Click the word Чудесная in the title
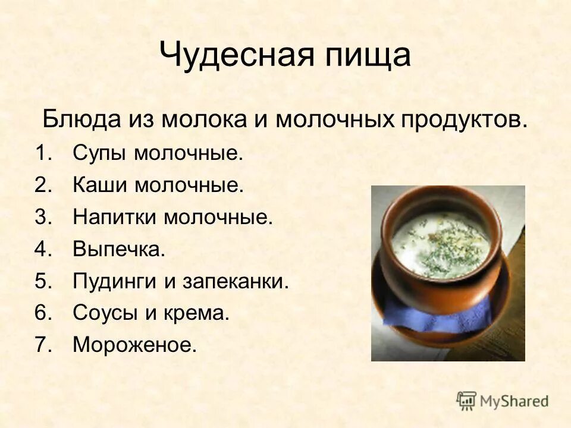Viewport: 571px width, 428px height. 228,56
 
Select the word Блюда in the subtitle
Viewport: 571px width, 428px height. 80,120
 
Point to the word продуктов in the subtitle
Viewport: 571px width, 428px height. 460,120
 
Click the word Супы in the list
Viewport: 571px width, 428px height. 100,155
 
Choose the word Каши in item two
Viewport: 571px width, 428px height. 100,185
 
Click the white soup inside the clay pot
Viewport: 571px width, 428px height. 440,244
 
